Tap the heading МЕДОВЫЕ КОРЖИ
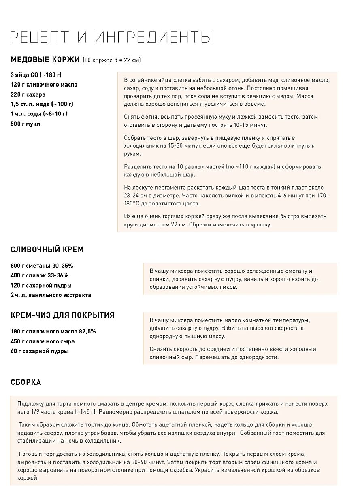click(x=45, y=60)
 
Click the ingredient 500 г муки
click(x=25, y=124)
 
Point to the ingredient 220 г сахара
click(x=28, y=94)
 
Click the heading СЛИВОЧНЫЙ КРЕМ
click(x=47, y=249)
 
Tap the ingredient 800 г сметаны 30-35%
click(x=42, y=266)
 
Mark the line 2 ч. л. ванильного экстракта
click(x=51, y=295)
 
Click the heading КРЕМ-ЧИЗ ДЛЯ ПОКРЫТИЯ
click(x=62, y=315)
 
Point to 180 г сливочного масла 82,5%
click(x=53, y=331)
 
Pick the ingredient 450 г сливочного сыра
click(x=43, y=341)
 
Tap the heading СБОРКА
click(x=26, y=382)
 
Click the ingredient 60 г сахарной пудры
click(x=40, y=351)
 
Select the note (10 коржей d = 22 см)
click(x=111, y=60)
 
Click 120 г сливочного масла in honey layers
click(x=44, y=85)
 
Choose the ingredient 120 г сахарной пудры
click(x=41, y=285)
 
